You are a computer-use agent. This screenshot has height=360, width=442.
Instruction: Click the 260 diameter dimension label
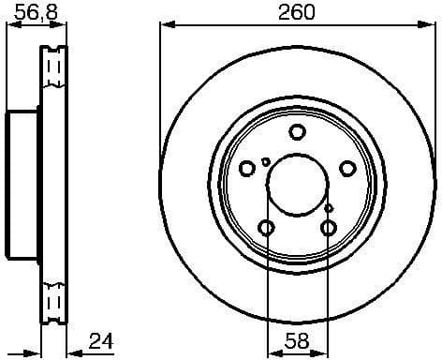coord(297,12)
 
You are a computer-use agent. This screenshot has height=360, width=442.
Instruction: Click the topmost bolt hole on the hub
coord(297,132)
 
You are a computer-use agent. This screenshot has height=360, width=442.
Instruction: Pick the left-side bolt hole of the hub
coord(247,169)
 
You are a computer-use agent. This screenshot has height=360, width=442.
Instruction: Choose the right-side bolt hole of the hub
coord(347,169)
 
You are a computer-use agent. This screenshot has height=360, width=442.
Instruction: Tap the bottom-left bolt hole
coord(266,228)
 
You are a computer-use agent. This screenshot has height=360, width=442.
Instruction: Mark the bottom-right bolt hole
coord(328,228)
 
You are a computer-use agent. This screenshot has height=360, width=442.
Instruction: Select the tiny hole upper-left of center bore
coord(267,162)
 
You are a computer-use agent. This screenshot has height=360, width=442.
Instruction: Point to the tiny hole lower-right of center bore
coord(329,207)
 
